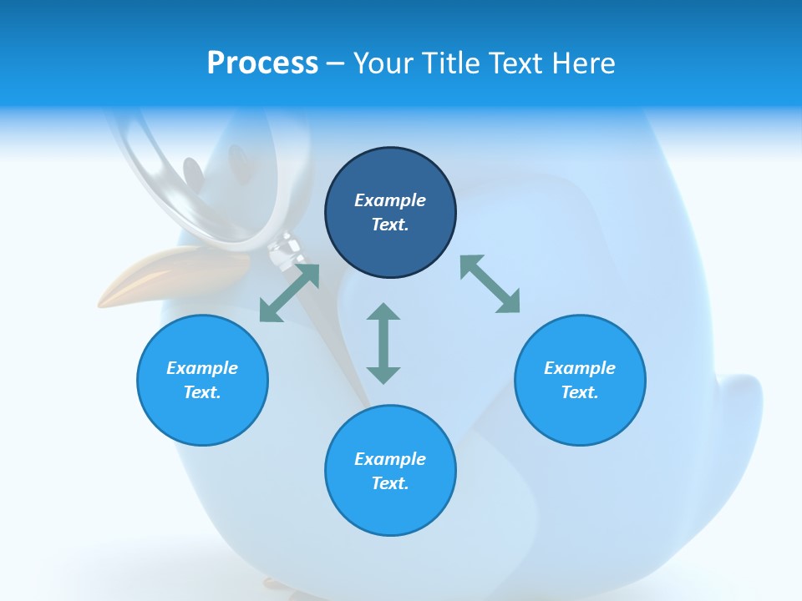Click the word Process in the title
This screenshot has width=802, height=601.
262,63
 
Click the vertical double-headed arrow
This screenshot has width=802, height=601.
383,344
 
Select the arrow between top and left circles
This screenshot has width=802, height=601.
289,293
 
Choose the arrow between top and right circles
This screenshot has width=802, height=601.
490,284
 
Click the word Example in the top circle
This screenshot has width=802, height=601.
390,200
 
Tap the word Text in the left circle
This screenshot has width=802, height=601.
202,392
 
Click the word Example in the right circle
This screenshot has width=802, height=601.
580,368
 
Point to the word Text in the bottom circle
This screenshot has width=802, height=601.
390,483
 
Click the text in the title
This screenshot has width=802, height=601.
411,63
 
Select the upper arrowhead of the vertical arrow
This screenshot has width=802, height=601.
383,312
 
